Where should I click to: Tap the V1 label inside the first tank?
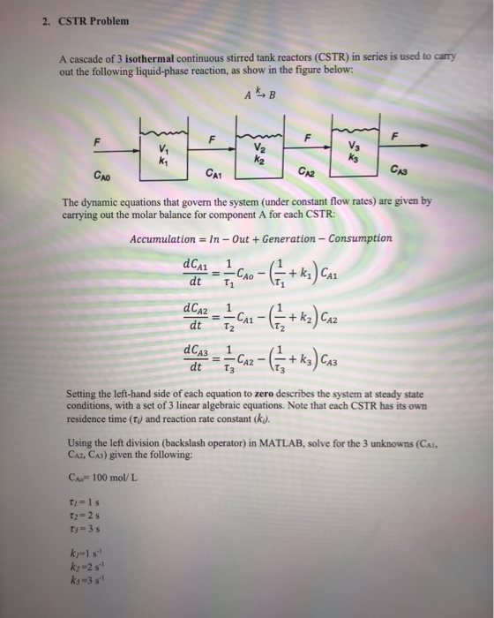[x=161, y=147]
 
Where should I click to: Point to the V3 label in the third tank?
[x=355, y=146]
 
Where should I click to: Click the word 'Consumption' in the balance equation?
[x=359, y=238]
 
